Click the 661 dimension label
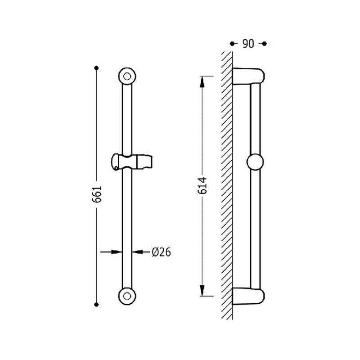tap(97, 194)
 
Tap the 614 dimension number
tap(202, 186)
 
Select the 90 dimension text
tap(248, 44)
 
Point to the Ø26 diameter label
tap(162, 252)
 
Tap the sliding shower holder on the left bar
tap(132, 162)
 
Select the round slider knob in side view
tap(255, 162)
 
